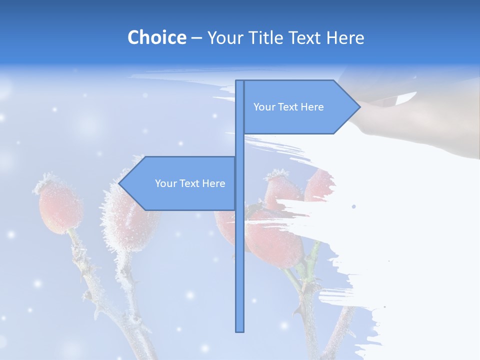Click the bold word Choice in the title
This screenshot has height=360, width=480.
pos(156,37)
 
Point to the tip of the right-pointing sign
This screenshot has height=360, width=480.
pos(359,107)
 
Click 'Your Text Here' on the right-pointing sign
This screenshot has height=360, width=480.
pos(288,107)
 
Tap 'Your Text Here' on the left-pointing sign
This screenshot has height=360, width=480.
pos(190,183)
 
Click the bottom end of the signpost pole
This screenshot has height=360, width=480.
pos(240,330)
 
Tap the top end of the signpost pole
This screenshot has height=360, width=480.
pos(240,82)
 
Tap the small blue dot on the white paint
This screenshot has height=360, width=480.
pos(354,206)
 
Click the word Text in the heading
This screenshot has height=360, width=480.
pos(306,37)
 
